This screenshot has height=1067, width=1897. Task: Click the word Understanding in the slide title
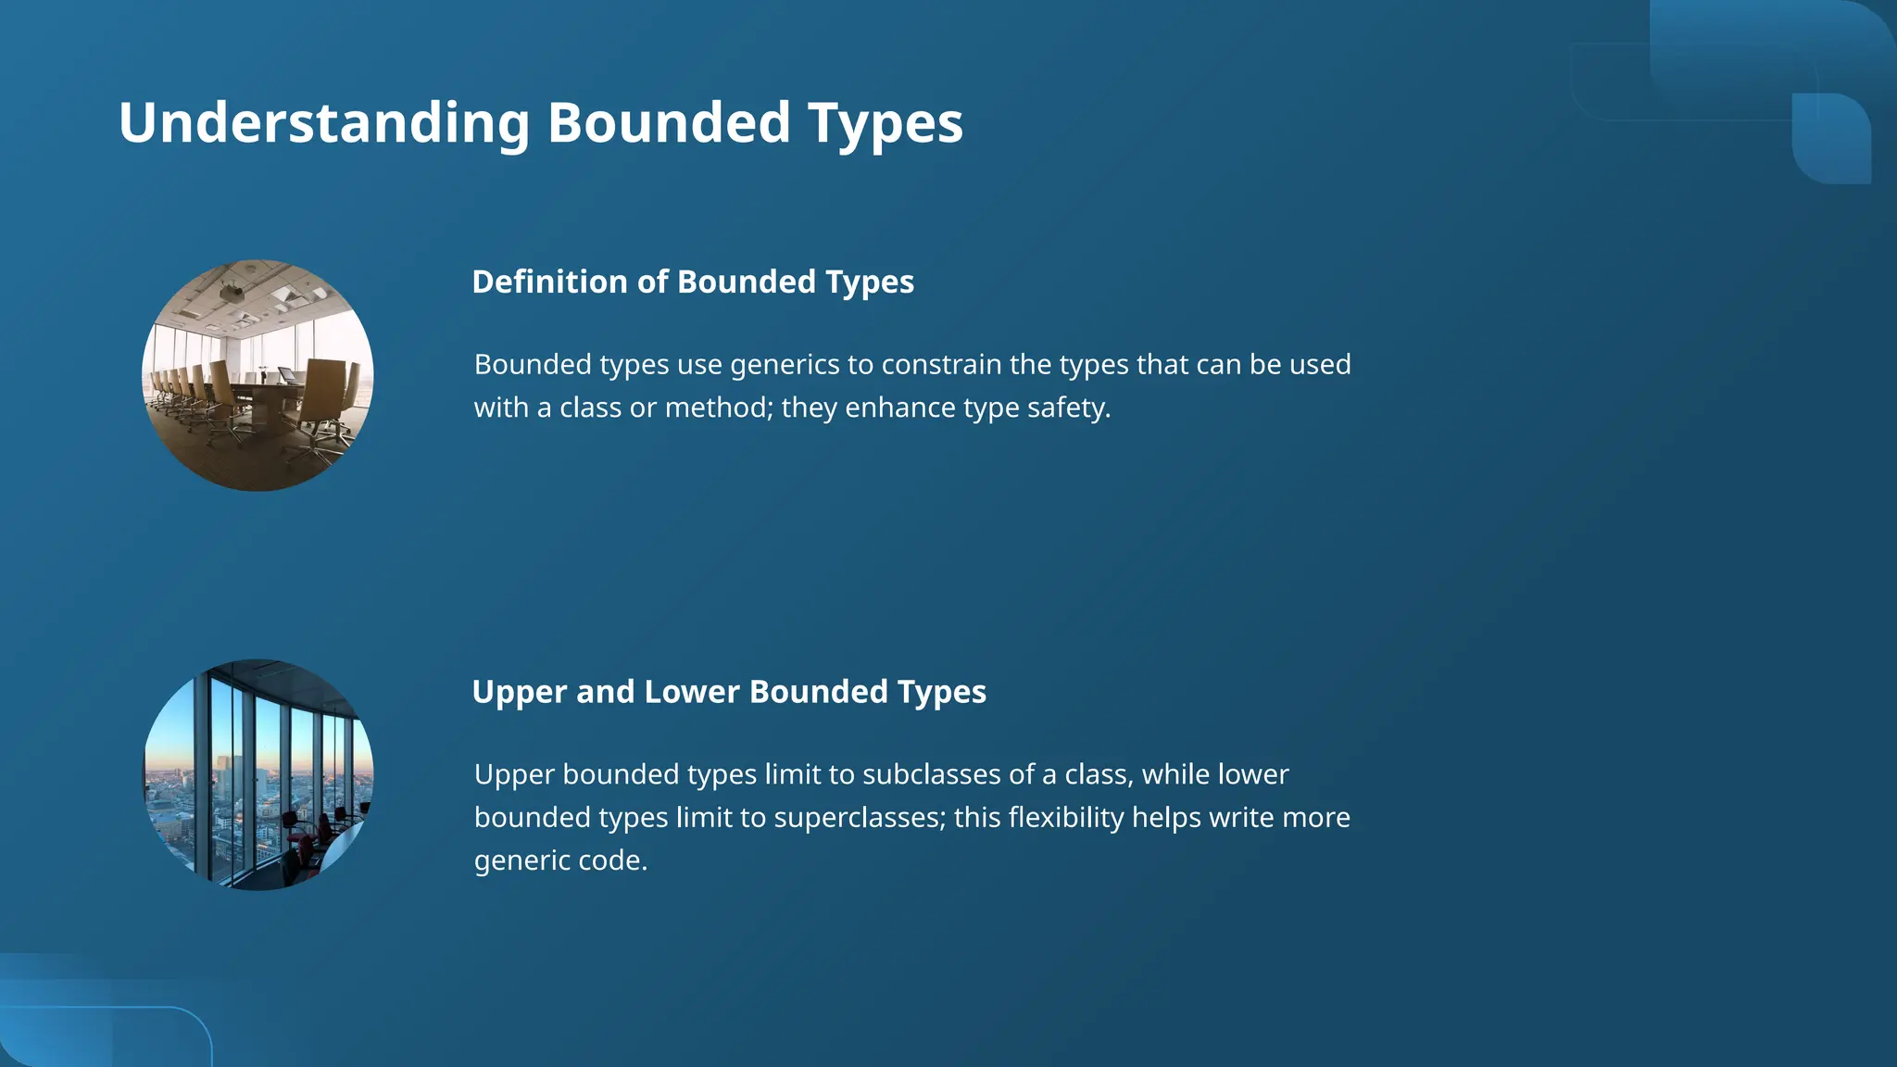point(324,123)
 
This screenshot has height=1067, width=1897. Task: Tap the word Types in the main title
point(885,123)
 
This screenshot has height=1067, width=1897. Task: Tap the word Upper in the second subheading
point(519,692)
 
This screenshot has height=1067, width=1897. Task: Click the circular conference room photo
point(258,375)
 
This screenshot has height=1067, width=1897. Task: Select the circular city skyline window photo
point(258,775)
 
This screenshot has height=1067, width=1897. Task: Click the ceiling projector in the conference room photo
point(232,294)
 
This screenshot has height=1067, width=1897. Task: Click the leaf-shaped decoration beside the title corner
point(1831,139)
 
